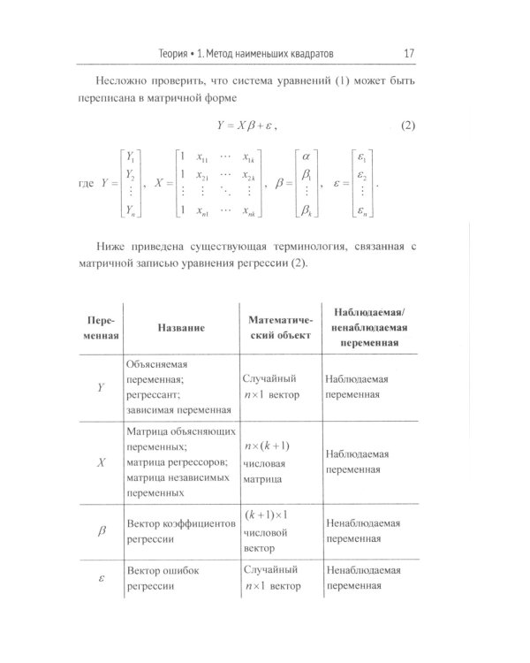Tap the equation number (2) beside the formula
point(402,126)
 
